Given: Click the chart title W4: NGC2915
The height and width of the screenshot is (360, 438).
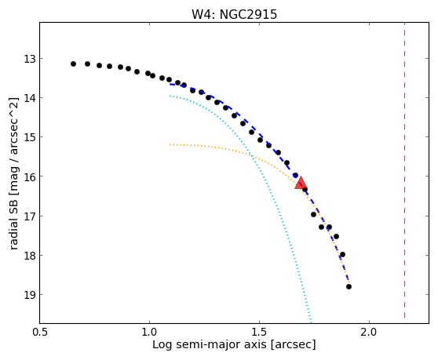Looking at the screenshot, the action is pyautogui.click(x=234, y=15).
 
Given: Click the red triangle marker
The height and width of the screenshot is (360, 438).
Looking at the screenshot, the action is pyautogui.click(x=301, y=183).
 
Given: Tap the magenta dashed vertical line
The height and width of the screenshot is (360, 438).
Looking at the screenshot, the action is pyautogui.click(x=404, y=170).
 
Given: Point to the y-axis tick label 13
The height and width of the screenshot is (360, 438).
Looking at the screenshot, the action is pyautogui.click(x=30, y=59).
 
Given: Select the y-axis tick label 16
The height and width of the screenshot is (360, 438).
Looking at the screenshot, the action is pyautogui.click(x=30, y=177).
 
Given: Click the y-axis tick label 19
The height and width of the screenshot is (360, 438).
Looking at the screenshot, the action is pyautogui.click(x=30, y=295).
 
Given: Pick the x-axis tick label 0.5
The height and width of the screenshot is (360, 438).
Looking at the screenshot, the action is pyautogui.click(x=40, y=333).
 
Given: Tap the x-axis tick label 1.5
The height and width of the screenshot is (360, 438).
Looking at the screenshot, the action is pyautogui.click(x=259, y=333).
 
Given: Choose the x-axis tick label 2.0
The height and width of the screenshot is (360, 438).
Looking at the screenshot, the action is pyautogui.click(x=369, y=333).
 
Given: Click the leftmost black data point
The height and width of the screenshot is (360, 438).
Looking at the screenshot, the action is pyautogui.click(x=73, y=64).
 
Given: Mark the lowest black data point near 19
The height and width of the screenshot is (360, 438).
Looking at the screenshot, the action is pyautogui.click(x=349, y=286).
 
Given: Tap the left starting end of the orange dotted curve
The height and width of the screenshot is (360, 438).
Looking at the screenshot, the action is pyautogui.click(x=170, y=145).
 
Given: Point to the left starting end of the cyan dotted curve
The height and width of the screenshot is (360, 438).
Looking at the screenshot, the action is pyautogui.click(x=170, y=96).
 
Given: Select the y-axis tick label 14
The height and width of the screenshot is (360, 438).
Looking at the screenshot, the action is pyautogui.click(x=30, y=98).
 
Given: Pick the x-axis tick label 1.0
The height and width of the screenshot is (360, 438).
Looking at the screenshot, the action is pyautogui.click(x=149, y=333).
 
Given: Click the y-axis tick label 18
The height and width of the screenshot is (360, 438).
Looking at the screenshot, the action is pyautogui.click(x=30, y=256).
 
